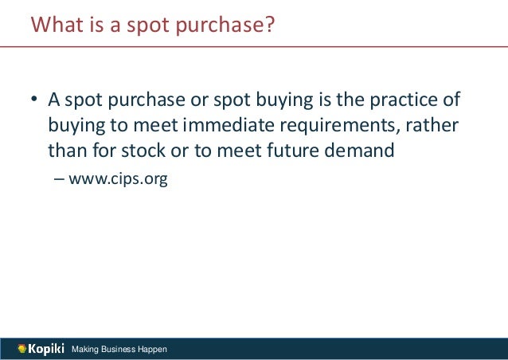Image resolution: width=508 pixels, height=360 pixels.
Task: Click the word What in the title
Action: coord(54,25)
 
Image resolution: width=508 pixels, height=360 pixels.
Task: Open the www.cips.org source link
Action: coord(118,180)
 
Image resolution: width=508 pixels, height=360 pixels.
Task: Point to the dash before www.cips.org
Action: coord(60,179)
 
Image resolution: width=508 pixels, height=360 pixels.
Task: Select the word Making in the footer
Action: coord(86,350)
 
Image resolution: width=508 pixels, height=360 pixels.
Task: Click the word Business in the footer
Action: coord(120,350)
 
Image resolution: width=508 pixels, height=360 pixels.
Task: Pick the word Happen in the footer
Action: coord(154,350)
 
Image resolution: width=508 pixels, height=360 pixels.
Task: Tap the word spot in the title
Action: coord(139,27)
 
